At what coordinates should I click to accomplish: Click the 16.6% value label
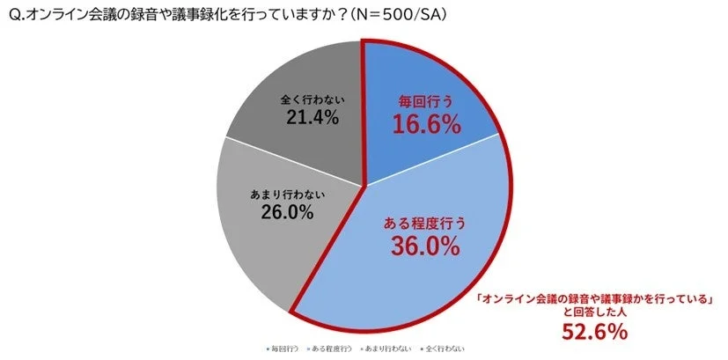[x=426, y=125]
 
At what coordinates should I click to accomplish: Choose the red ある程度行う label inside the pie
[x=425, y=223]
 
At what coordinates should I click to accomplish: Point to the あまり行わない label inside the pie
[x=285, y=191]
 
